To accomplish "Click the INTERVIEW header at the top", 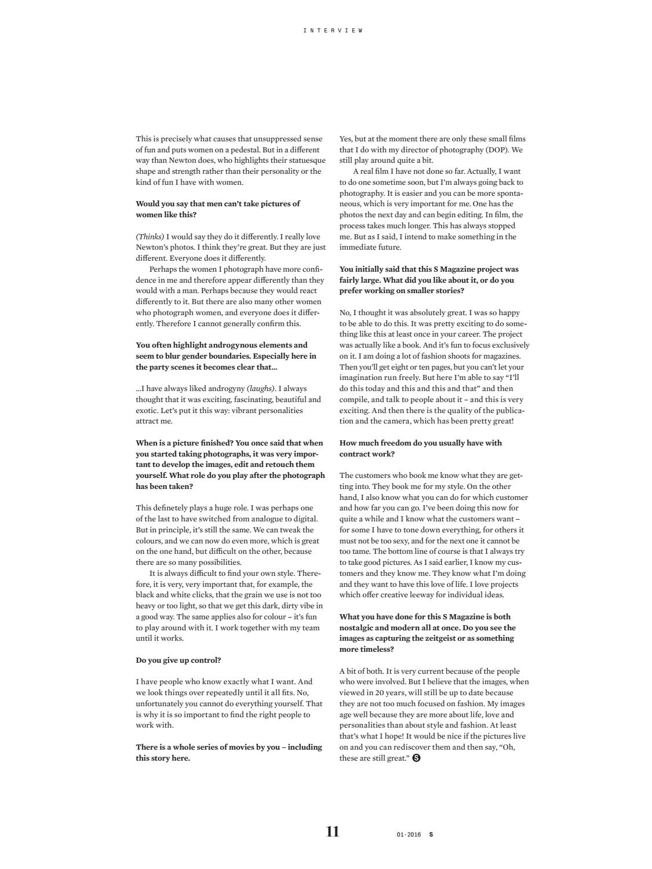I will pyautogui.click(x=333, y=30).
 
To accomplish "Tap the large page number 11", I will pyautogui.click(x=333, y=832).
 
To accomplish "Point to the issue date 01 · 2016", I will pyautogui.click(x=409, y=835).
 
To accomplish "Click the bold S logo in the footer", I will pyautogui.click(x=431, y=835).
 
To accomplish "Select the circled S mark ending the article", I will pyautogui.click(x=416, y=758).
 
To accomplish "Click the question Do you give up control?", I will pyautogui.click(x=179, y=660).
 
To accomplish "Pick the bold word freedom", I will pyautogui.click(x=398, y=443).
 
